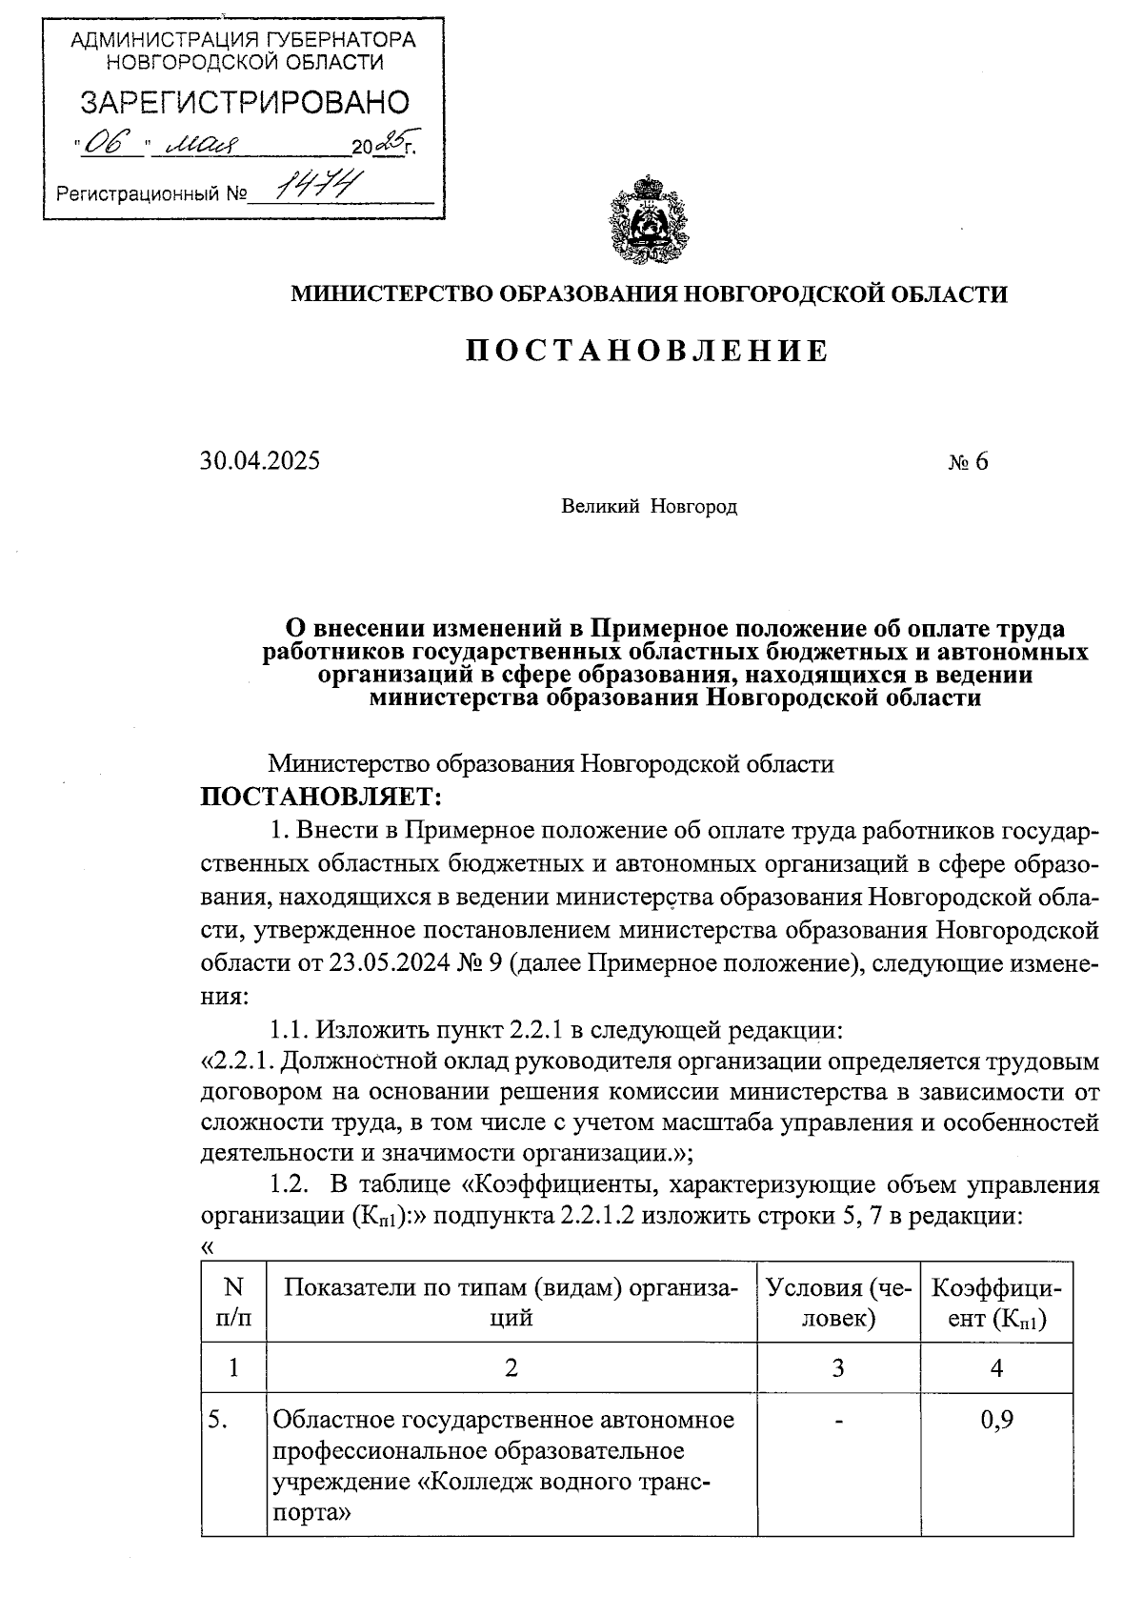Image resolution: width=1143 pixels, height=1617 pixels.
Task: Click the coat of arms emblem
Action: (x=648, y=218)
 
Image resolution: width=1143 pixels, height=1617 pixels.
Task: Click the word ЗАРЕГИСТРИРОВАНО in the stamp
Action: (x=244, y=102)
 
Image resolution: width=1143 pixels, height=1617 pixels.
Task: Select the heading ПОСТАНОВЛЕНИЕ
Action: (x=648, y=352)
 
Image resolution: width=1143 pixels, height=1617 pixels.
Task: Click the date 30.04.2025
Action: (x=260, y=462)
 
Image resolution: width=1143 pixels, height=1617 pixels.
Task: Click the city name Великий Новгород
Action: (x=649, y=507)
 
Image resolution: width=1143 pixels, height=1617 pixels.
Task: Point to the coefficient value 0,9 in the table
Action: (x=996, y=1420)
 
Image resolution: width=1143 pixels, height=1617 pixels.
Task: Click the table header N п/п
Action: (x=233, y=1303)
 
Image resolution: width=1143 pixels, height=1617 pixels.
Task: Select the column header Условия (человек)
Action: (x=838, y=1303)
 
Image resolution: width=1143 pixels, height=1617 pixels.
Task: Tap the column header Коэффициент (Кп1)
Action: (x=996, y=1303)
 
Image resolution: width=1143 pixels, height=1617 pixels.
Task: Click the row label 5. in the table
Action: (x=218, y=1420)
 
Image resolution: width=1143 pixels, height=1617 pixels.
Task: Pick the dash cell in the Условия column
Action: (x=838, y=1421)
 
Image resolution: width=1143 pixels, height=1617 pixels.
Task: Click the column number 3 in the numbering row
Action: (x=838, y=1368)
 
